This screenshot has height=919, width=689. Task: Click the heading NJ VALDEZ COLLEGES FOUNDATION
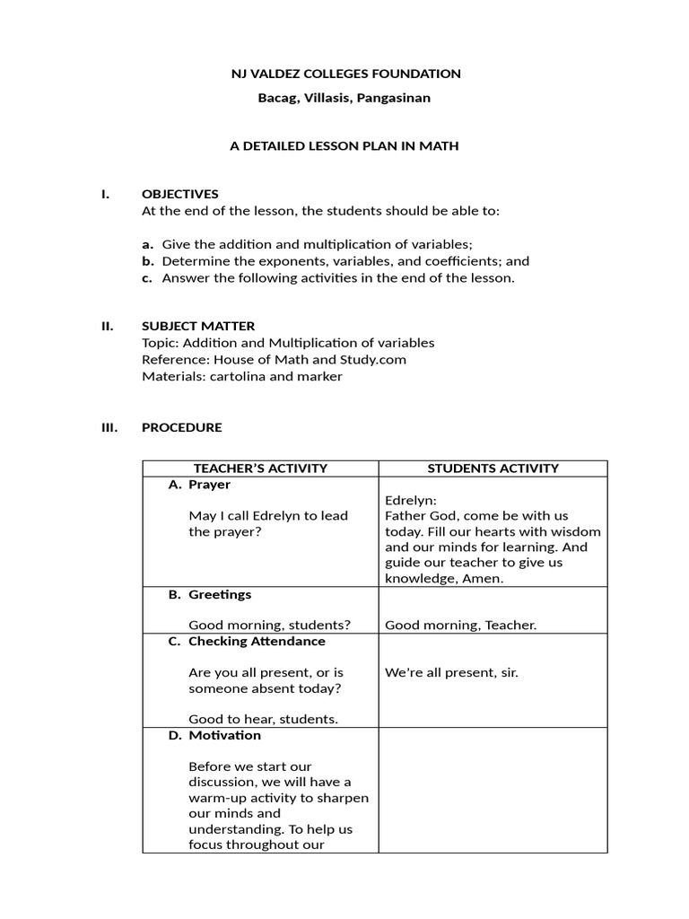(x=344, y=74)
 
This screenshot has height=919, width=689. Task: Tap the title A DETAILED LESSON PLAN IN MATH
(x=344, y=145)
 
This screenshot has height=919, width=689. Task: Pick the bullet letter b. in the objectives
(x=148, y=261)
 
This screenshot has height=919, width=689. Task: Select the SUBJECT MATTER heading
(x=198, y=326)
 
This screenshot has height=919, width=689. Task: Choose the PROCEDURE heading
(x=182, y=427)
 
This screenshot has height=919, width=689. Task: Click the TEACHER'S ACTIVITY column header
(x=260, y=468)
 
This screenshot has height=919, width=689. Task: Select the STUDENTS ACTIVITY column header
(x=493, y=468)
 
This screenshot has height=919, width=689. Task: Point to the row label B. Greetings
(x=210, y=594)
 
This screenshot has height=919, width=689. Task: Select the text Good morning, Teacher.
(x=460, y=626)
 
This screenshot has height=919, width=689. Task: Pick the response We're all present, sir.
(x=451, y=672)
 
